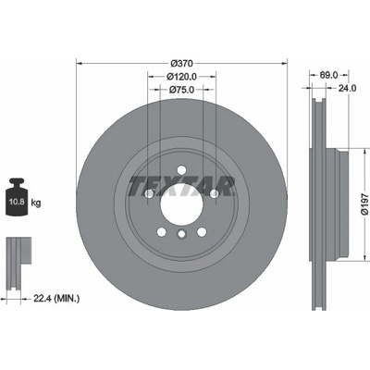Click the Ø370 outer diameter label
181,64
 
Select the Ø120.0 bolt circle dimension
181,76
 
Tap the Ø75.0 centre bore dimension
181,90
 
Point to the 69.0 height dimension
328,75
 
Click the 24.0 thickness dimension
347,89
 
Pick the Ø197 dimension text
364,204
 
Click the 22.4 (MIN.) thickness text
55,298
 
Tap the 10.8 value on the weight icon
17,203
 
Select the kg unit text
35,203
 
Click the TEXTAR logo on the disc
181,187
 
